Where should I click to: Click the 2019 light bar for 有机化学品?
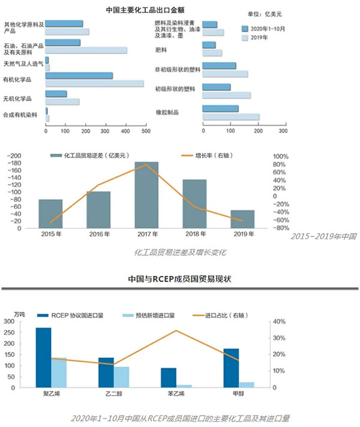[x=94, y=83]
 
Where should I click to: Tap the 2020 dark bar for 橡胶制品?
[x=221, y=109]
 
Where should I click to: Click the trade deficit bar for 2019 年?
[x=242, y=219]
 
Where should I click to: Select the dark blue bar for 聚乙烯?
[x=43, y=357]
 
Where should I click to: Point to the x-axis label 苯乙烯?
[x=169, y=395]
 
